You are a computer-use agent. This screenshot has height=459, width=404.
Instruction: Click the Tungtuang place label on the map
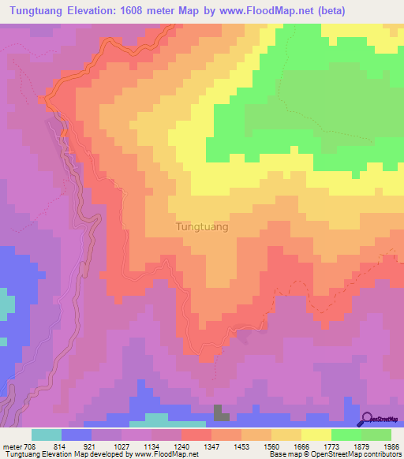(x=200, y=227)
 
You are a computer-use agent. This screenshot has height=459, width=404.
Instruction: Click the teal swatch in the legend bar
(x=47, y=435)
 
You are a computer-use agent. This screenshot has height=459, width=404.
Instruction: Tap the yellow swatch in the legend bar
(x=316, y=435)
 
